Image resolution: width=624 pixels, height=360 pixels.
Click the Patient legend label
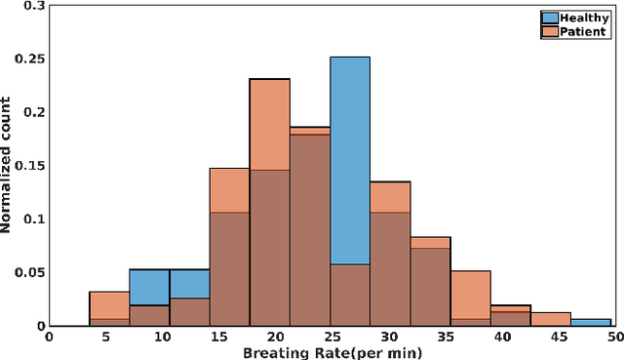point(583,31)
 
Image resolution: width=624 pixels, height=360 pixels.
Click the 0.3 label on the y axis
point(35,6)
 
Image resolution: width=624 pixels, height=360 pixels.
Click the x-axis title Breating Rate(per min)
point(331,351)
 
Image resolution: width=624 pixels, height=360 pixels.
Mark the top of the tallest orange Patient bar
point(269,79)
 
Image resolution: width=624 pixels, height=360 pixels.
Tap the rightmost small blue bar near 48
point(591,322)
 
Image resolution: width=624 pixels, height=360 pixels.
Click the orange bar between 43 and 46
point(551,319)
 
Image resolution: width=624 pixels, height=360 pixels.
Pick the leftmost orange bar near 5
point(109,304)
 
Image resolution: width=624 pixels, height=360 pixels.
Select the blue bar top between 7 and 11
point(149,270)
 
